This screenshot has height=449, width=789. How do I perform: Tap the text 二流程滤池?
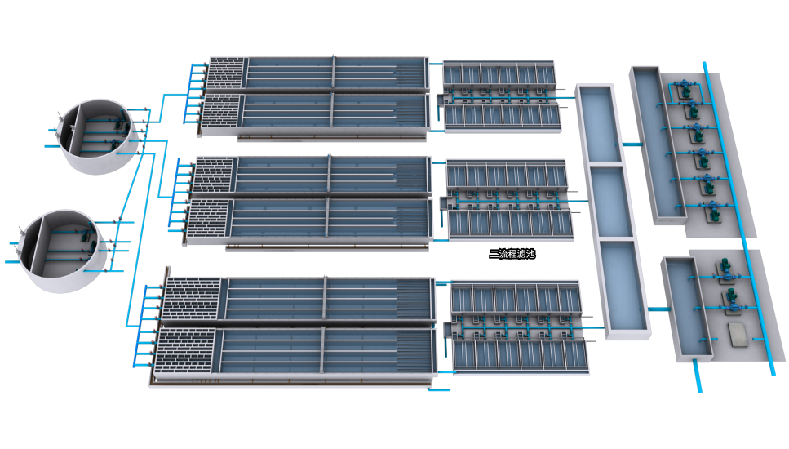512,254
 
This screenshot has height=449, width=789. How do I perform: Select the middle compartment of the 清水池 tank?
612,201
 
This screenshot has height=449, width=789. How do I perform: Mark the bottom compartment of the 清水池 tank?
624,286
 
